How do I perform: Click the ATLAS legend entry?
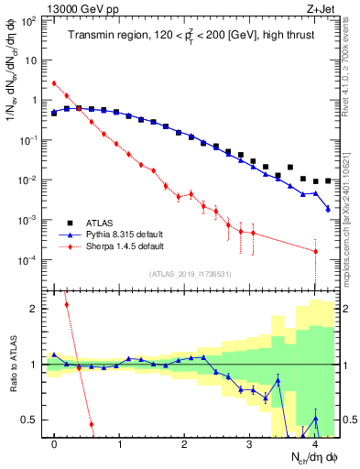click(x=101, y=223)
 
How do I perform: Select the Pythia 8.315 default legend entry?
click(x=125, y=234)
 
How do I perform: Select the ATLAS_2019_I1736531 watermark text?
click(x=190, y=274)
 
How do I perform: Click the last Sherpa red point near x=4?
click(x=315, y=251)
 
